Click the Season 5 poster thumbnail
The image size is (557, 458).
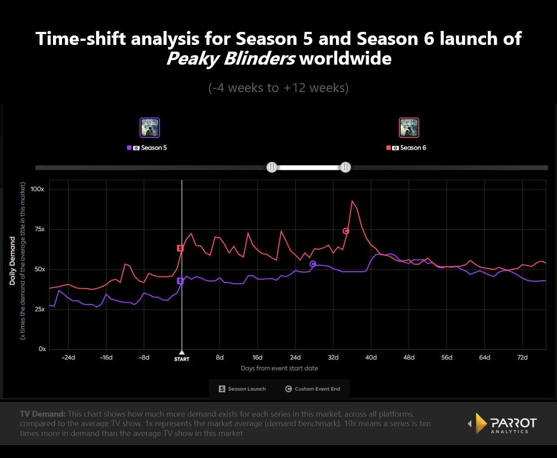(150, 128)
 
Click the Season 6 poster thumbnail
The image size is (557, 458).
(409, 128)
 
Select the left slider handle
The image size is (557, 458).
(272, 167)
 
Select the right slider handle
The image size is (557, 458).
(345, 167)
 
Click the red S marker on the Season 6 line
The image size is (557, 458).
(180, 248)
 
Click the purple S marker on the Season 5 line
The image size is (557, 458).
(180, 281)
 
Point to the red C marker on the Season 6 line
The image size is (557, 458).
(346, 231)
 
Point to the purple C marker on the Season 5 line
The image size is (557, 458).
(313, 264)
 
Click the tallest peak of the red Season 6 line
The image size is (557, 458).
(352, 201)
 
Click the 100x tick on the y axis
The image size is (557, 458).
(37, 189)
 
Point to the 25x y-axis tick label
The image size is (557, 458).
(39, 309)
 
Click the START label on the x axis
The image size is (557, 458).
(182, 359)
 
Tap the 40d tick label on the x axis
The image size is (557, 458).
(371, 357)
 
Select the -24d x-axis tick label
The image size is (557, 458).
(68, 357)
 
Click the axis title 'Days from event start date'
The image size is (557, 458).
(279, 368)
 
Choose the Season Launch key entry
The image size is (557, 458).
(243, 389)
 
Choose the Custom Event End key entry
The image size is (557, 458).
(313, 389)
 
